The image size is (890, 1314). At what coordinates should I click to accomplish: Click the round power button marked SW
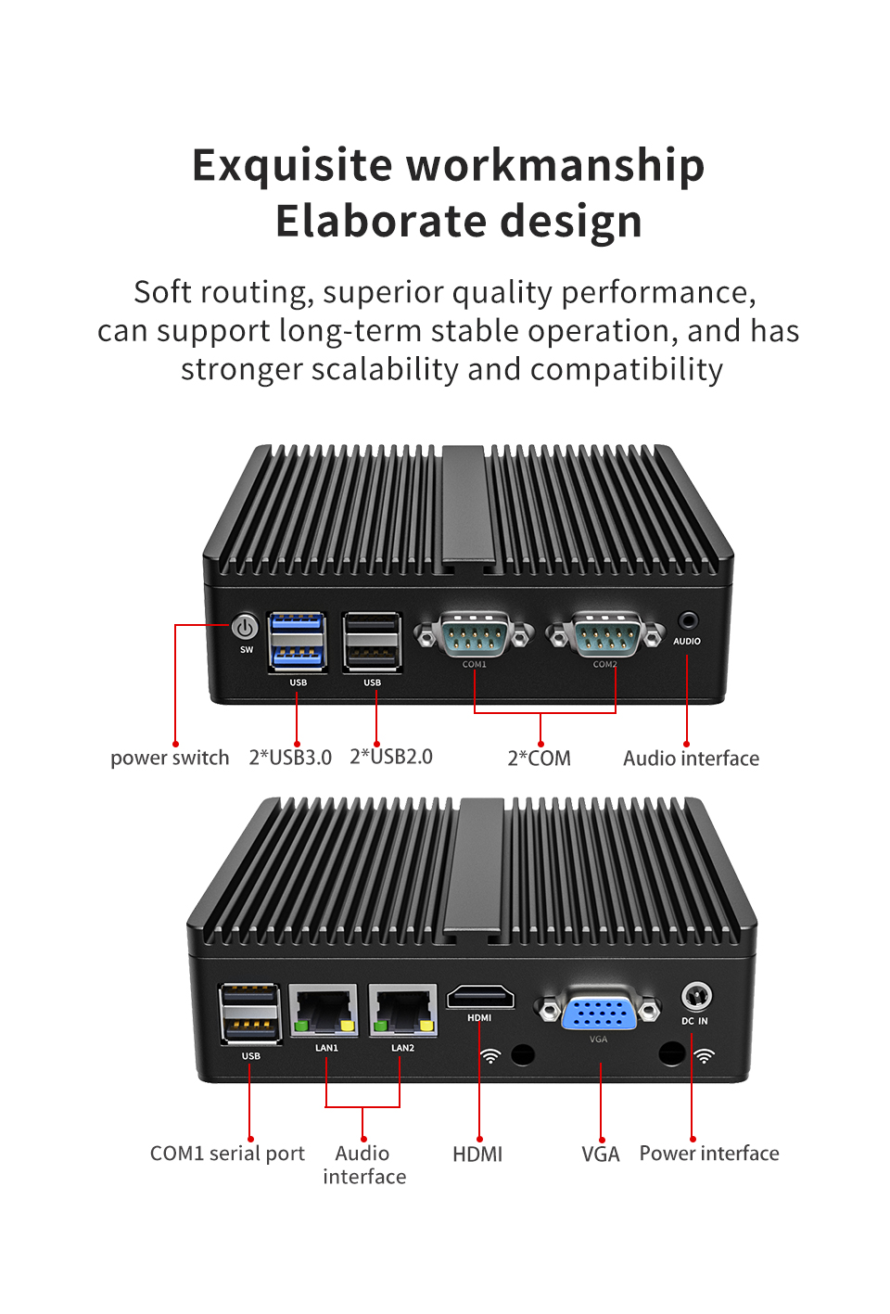[245, 628]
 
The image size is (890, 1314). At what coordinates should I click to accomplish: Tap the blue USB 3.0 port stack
[298, 642]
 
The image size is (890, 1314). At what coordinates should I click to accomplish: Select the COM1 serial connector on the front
[474, 634]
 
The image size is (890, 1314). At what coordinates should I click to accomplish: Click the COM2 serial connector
[605, 634]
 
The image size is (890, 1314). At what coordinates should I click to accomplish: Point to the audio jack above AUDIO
[687, 620]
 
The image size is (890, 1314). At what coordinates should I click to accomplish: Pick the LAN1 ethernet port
[324, 1010]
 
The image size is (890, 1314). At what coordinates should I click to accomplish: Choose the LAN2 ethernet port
[402, 1010]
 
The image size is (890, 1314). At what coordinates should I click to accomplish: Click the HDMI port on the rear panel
[480, 997]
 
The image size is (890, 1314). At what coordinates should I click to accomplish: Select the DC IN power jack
[696, 996]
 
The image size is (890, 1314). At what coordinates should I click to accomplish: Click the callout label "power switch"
[170, 758]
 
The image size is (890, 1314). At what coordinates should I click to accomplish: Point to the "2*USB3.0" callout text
[290, 758]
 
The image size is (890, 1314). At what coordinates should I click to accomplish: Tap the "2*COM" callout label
[539, 758]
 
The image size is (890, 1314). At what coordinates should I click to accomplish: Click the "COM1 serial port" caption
[227, 1154]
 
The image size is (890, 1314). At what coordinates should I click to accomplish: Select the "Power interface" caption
[709, 1154]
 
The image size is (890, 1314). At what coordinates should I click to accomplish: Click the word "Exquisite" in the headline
[291, 166]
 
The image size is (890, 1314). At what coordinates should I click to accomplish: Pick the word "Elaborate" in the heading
[381, 221]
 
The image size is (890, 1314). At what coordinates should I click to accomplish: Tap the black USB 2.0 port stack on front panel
[372, 642]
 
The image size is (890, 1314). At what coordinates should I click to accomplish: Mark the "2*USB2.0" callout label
[391, 757]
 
